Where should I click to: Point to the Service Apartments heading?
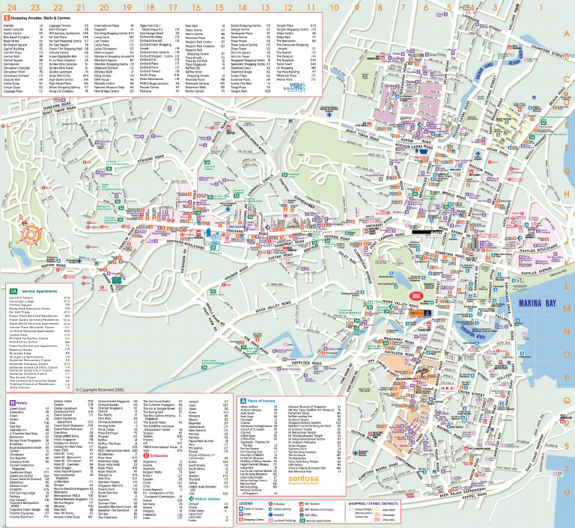(36, 269)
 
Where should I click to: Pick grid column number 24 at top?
(11, 7)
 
